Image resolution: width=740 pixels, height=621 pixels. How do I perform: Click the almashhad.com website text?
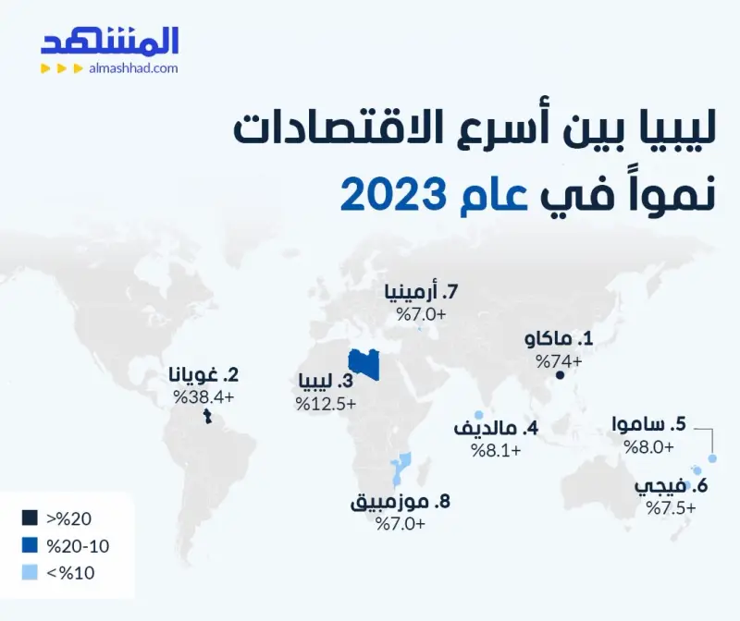(x=133, y=68)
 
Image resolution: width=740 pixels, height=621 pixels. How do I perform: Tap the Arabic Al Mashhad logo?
(x=109, y=42)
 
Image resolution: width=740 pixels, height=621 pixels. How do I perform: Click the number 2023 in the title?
(x=393, y=194)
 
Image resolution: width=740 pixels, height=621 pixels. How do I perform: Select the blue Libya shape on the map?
(x=364, y=364)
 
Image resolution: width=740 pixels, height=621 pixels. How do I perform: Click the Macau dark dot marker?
(x=560, y=375)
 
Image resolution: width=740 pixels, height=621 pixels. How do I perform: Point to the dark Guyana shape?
(x=207, y=417)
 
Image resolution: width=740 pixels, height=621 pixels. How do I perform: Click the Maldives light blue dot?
(x=478, y=415)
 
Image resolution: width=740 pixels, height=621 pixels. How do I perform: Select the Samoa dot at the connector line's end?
(x=712, y=458)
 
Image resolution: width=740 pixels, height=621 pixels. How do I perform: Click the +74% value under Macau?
(x=559, y=361)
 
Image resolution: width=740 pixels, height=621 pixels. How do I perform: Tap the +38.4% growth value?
(x=203, y=396)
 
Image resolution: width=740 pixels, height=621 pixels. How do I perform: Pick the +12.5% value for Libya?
(x=326, y=404)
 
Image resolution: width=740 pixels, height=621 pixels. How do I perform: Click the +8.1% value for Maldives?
(x=496, y=450)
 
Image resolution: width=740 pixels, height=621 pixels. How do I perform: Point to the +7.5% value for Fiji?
(x=671, y=508)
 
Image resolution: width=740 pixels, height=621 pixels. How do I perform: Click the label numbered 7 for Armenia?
(x=422, y=292)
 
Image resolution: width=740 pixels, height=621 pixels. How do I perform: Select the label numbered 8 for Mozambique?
(x=401, y=502)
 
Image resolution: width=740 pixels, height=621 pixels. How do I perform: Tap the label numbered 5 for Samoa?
(x=649, y=424)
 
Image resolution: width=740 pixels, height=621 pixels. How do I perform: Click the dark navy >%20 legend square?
(x=30, y=517)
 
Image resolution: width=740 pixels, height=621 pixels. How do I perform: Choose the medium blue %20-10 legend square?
(x=30, y=545)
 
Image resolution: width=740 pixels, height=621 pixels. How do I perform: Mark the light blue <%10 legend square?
(x=30, y=572)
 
